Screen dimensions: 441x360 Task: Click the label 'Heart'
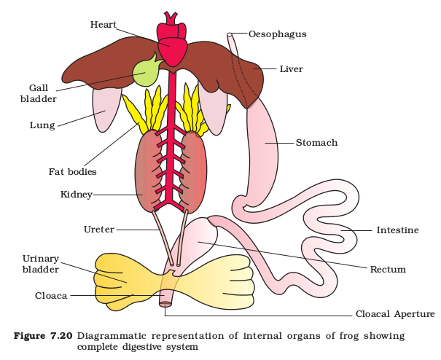coord(104,25)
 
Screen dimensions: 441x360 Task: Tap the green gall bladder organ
coord(146,72)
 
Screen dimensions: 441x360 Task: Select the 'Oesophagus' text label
coord(277,34)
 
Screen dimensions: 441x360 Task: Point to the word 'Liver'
coord(291,69)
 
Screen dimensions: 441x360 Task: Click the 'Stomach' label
coord(316,143)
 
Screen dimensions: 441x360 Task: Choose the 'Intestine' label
coord(397,230)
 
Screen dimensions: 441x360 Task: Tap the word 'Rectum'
coord(388,269)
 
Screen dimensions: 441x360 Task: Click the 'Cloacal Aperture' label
coord(395,313)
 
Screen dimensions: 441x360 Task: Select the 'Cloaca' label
coord(51,296)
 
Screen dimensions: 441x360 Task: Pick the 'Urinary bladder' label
coord(41,264)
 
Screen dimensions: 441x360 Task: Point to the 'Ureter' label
coord(99,230)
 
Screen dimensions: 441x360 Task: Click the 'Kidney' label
coord(77,195)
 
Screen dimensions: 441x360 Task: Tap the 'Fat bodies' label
coord(73,171)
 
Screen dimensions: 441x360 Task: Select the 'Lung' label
coord(42,125)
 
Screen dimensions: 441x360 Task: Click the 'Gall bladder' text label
coord(39,93)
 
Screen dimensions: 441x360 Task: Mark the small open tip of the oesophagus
coord(230,34)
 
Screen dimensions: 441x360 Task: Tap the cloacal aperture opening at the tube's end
coord(165,304)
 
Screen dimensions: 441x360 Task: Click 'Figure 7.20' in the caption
coord(43,336)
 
